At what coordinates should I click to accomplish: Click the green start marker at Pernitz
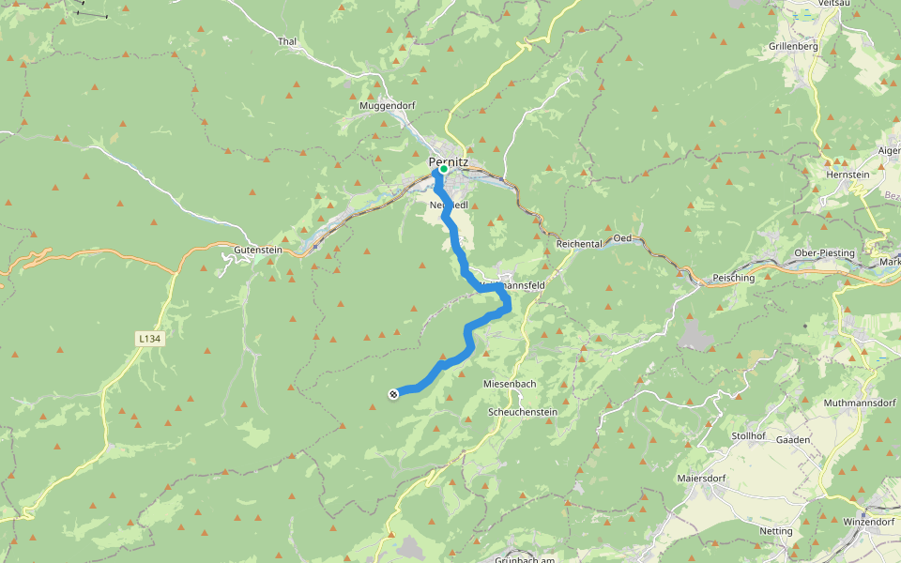tap(444, 170)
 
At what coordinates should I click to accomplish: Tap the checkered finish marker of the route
tap(393, 394)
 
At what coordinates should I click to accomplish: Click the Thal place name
tap(287, 42)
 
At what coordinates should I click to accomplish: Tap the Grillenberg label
tap(794, 46)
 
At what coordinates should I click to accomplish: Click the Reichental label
tap(578, 244)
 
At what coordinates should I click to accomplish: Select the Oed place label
tap(622, 238)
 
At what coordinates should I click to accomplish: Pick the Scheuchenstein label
tap(523, 412)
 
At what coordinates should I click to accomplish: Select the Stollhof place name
tap(751, 436)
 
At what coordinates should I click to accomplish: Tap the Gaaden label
tap(793, 440)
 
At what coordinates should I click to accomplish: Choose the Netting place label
tap(776, 531)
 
